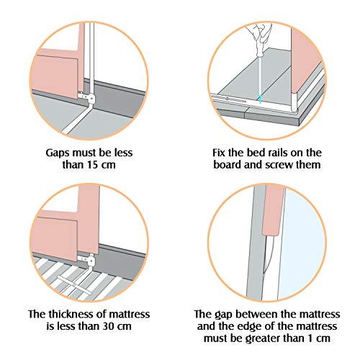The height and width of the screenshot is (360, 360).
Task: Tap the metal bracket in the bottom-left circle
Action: (90, 261)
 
